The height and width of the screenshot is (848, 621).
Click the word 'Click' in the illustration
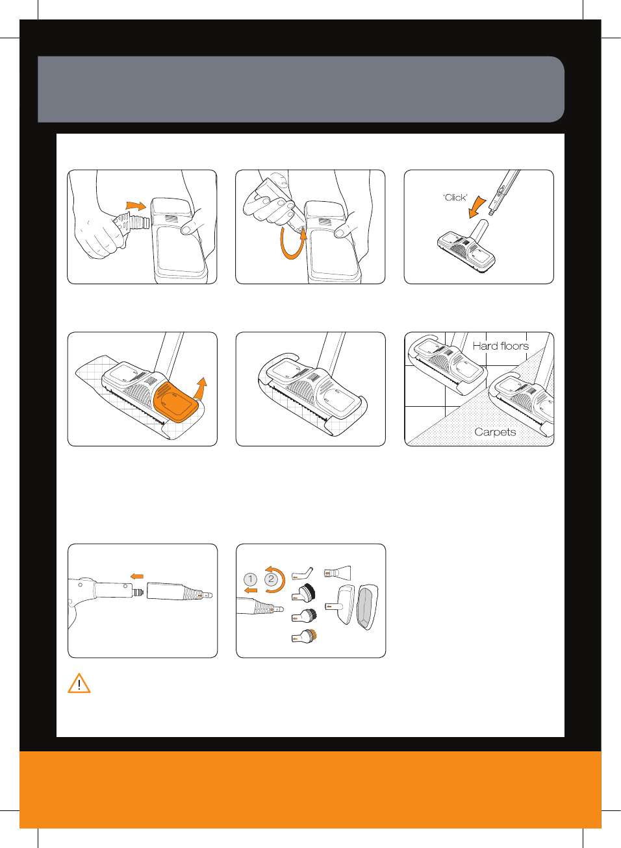click(x=455, y=198)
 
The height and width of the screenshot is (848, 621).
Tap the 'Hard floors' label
click(x=500, y=346)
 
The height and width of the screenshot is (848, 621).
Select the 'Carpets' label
click(x=495, y=432)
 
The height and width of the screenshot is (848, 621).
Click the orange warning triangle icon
click(x=79, y=683)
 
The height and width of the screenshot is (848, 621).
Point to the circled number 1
click(x=250, y=579)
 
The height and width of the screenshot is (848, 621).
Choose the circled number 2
click(x=271, y=579)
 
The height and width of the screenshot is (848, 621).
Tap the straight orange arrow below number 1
click(x=251, y=590)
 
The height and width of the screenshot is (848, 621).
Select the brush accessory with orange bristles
click(x=305, y=636)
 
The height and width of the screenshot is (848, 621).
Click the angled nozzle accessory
click(x=302, y=574)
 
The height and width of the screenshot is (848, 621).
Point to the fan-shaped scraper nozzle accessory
click(x=337, y=573)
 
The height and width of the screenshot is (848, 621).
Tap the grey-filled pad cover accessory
click(x=368, y=607)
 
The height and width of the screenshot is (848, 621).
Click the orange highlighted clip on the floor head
click(x=175, y=402)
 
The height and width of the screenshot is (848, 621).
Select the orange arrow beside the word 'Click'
click(x=477, y=207)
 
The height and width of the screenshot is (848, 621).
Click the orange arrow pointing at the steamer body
click(x=136, y=206)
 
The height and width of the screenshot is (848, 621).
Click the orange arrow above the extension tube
click(x=137, y=577)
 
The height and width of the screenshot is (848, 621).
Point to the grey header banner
click(x=301, y=90)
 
